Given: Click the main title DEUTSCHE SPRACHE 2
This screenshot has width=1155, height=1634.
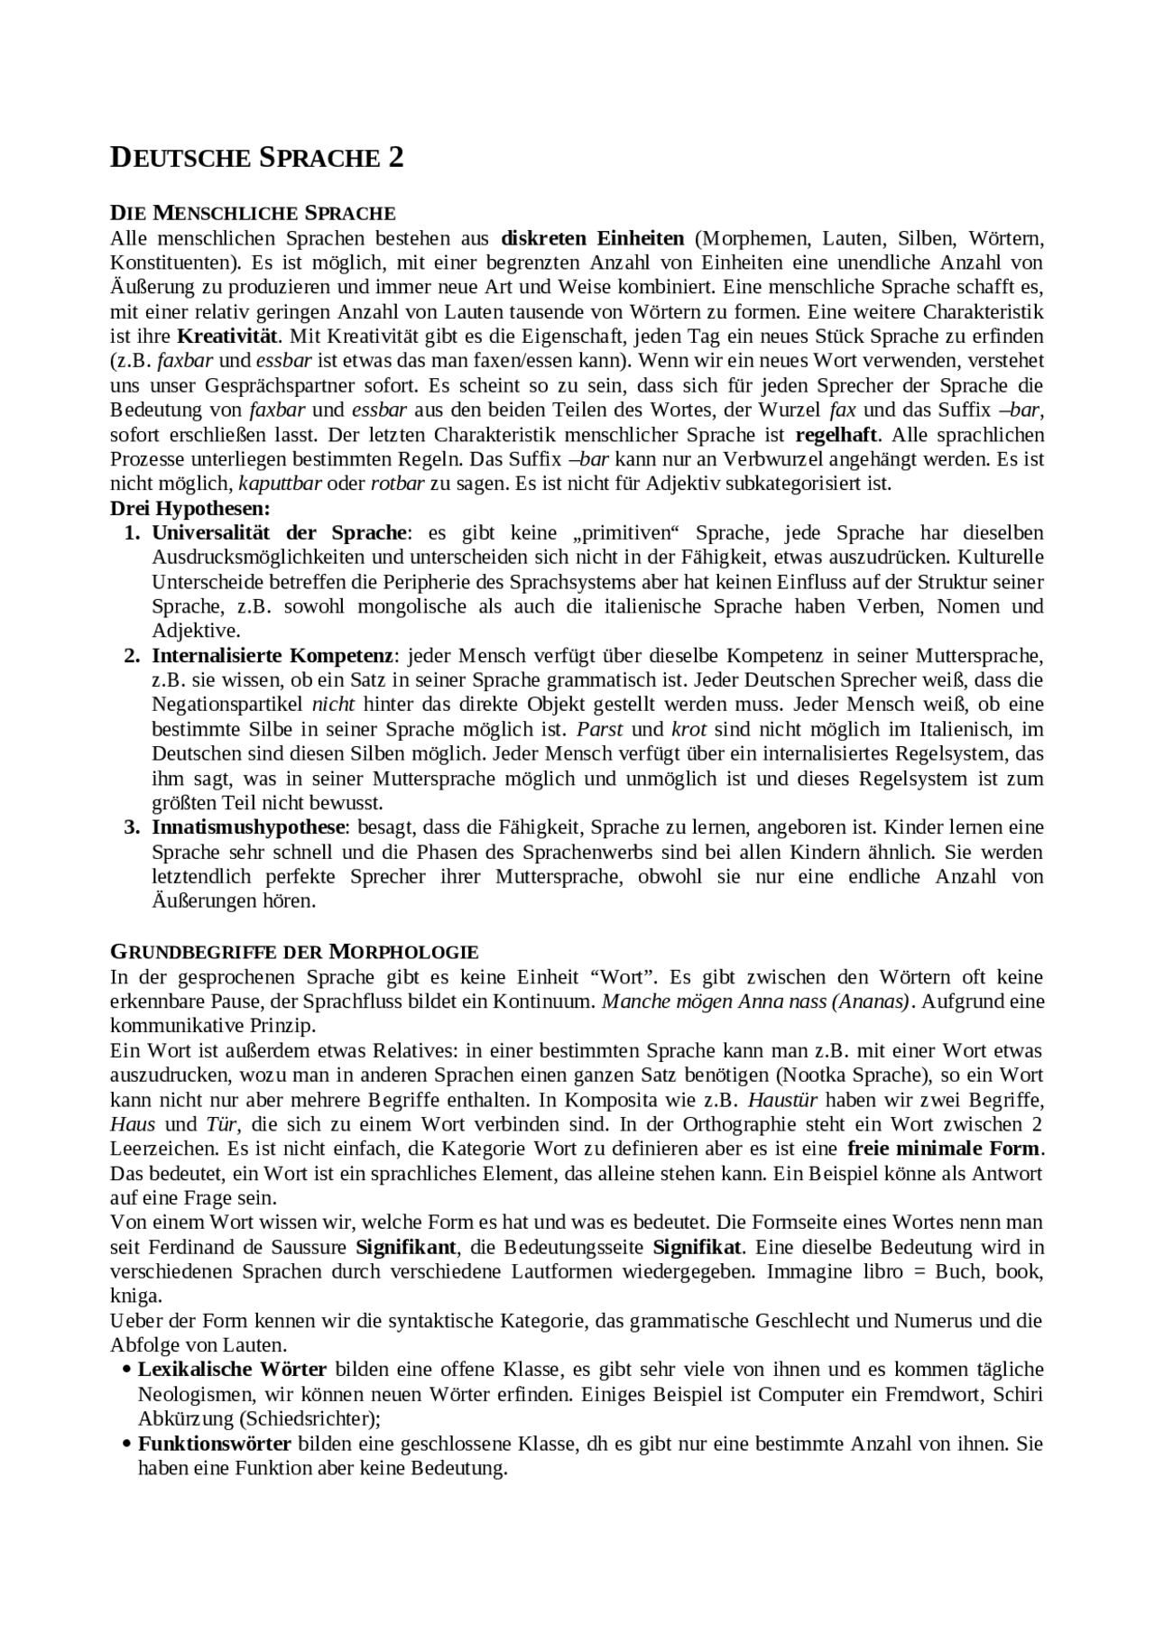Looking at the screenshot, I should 256,158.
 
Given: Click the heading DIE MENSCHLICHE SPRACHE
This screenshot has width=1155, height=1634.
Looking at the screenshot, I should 253,214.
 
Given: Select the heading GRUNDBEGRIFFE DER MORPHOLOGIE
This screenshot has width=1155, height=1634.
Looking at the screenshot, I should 294,952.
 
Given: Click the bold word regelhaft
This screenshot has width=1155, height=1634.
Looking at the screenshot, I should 836,434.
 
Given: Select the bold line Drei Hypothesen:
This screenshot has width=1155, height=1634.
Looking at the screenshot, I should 190,507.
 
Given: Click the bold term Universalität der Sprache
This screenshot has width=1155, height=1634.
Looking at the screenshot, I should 280,532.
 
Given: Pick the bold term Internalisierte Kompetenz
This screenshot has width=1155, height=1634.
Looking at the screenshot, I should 272,655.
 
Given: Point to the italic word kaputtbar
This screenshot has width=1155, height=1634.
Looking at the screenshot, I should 280,483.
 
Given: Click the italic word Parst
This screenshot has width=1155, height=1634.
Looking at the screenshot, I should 600,728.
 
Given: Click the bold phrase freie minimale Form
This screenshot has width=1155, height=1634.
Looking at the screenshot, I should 944,1149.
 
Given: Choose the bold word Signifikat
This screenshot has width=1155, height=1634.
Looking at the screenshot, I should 697,1247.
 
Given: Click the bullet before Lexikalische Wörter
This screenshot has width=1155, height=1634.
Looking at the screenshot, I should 126,1370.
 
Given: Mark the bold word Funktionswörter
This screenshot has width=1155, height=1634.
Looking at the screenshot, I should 214,1444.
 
